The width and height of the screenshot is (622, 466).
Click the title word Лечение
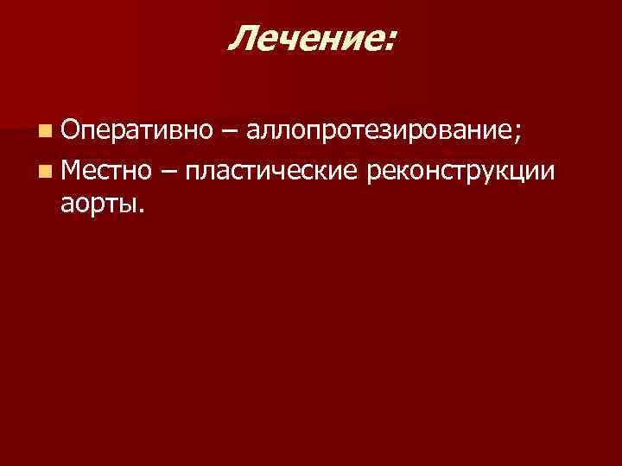point(306,38)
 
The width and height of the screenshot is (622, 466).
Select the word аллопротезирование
point(379,132)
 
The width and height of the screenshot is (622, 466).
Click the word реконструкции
point(458,170)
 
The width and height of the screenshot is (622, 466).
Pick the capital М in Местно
point(73,169)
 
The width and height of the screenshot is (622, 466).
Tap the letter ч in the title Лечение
point(295,41)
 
